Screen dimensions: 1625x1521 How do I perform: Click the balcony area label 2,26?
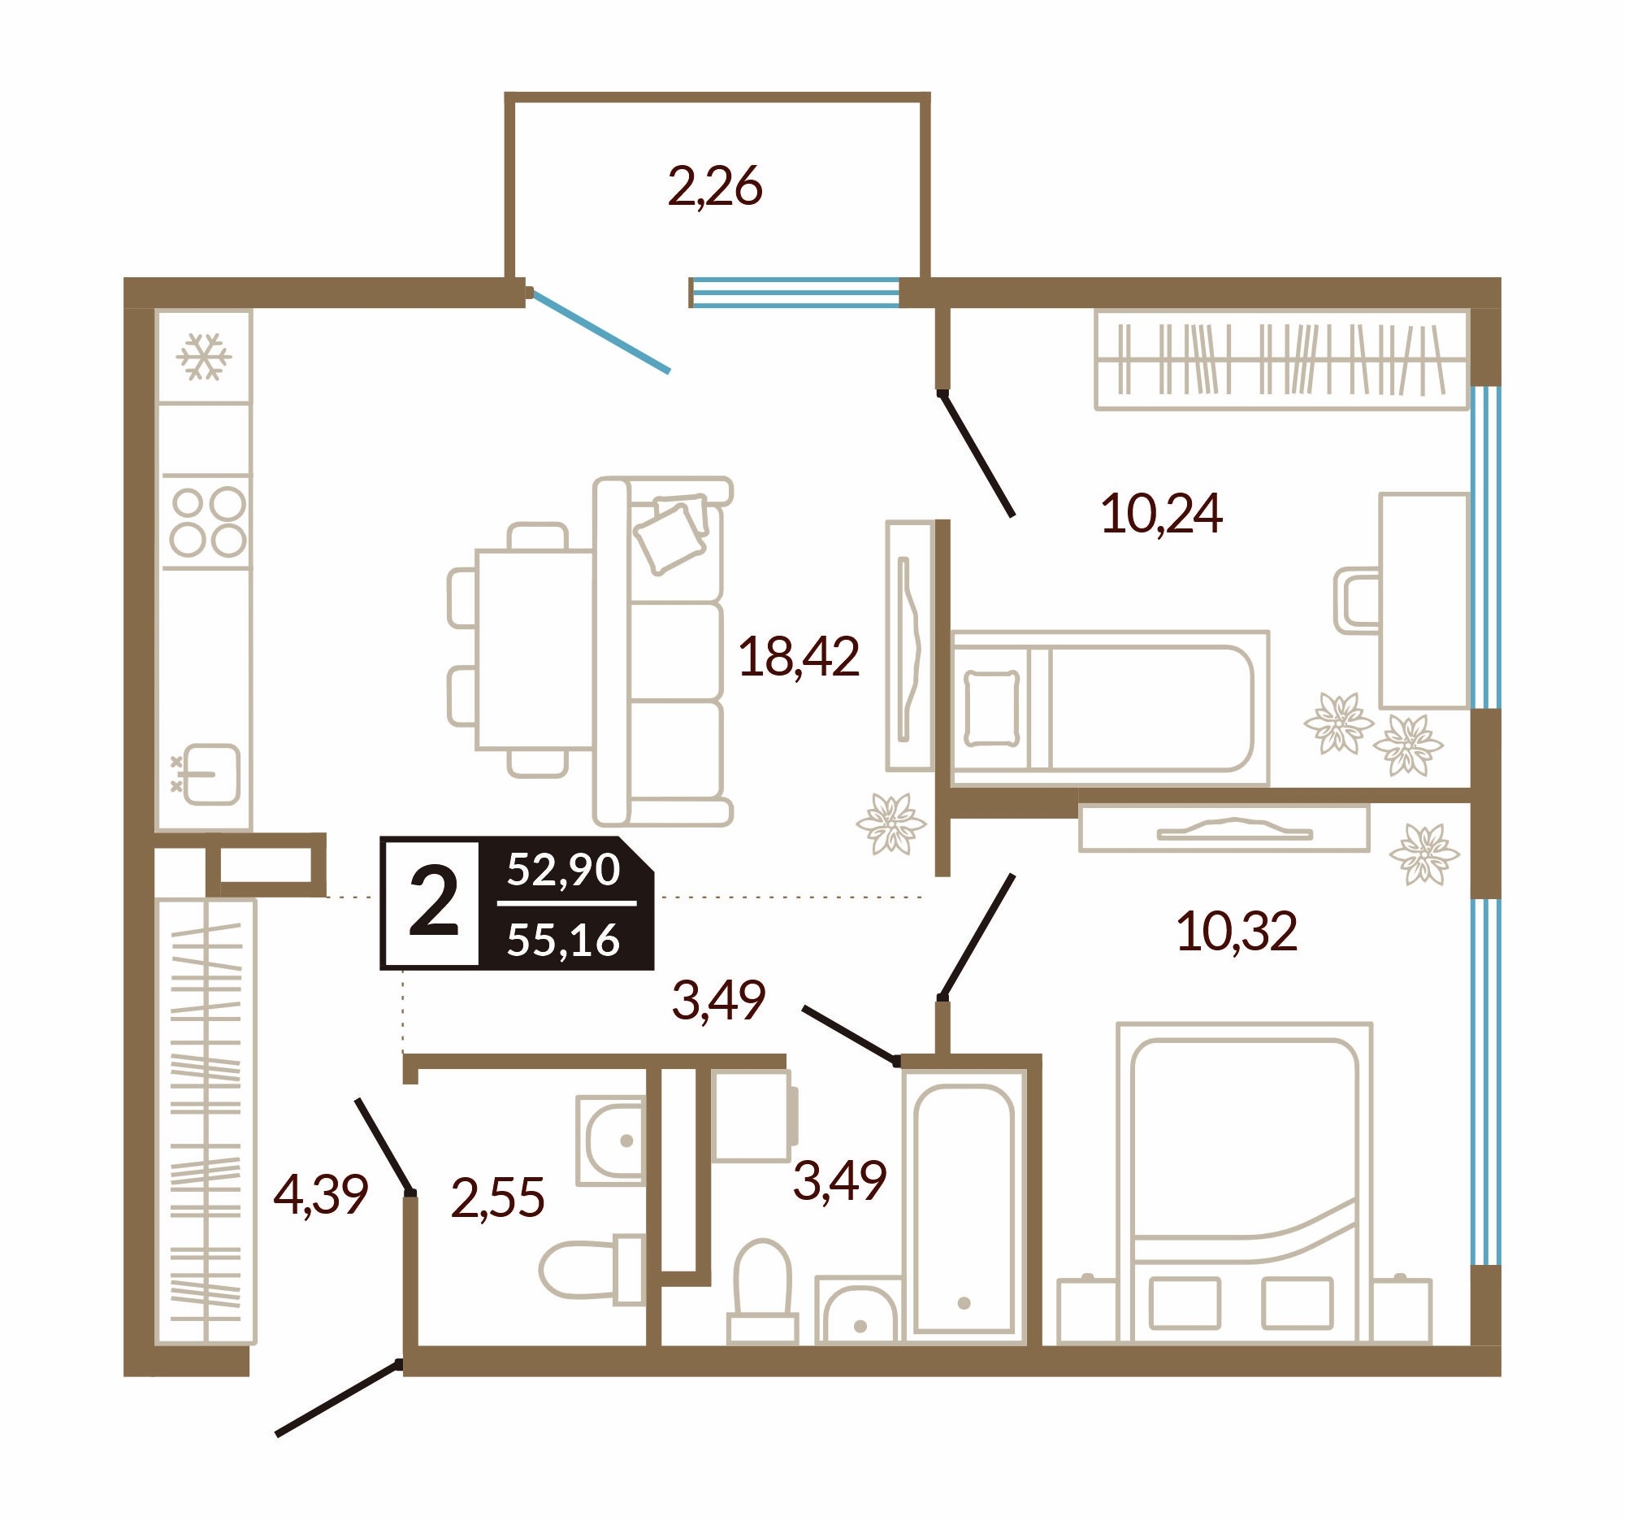coord(715,186)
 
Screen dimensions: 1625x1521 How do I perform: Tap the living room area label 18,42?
coord(799,657)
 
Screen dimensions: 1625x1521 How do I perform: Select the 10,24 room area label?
coord(1162,514)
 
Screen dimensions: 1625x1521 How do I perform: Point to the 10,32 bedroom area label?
coord(1236,932)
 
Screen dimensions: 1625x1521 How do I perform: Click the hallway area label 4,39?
coord(320,1195)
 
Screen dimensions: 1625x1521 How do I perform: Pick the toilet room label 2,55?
coord(497,1198)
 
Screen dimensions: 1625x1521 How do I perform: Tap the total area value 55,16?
coord(563,941)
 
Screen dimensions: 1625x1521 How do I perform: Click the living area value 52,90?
coord(563,869)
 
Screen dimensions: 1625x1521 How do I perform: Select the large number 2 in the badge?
coord(433,902)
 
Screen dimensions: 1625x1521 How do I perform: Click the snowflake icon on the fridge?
coord(204,357)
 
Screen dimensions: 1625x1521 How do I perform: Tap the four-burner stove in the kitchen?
coord(208,522)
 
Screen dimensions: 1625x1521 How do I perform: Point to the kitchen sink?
coord(207,774)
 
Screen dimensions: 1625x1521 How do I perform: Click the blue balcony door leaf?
coord(600,332)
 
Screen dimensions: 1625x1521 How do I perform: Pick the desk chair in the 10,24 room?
coord(1357,601)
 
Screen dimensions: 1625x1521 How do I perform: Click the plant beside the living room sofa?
coord(890,824)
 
